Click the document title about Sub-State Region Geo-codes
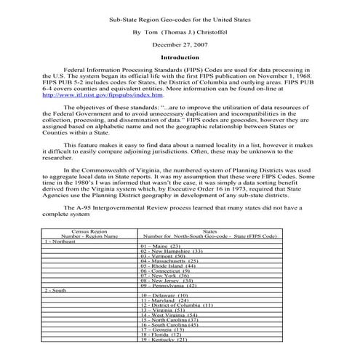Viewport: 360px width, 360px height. [180, 19]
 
